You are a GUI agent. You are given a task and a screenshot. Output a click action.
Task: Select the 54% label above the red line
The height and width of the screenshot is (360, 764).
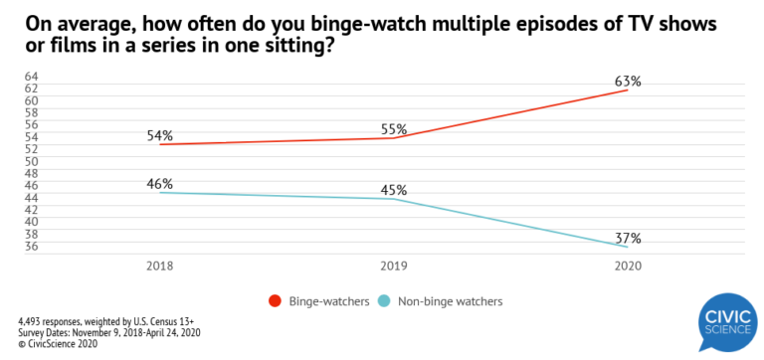tap(159, 134)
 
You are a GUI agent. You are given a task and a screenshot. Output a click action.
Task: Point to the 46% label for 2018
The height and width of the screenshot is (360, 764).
tap(159, 184)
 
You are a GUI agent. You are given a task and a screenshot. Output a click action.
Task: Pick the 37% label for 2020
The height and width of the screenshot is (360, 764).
tap(628, 239)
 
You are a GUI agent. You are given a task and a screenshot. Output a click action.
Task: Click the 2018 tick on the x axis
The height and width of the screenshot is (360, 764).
tap(159, 267)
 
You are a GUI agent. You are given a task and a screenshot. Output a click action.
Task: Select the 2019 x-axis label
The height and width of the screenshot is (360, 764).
tap(394, 267)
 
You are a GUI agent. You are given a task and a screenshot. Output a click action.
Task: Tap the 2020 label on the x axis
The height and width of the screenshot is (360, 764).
tap(628, 267)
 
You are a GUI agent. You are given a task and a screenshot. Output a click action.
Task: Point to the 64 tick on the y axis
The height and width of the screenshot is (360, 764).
tap(31, 77)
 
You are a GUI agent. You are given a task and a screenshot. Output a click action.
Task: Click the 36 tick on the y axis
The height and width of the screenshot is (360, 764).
tap(31, 246)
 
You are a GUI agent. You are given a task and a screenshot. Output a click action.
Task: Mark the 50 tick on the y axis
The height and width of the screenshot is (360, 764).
tap(31, 161)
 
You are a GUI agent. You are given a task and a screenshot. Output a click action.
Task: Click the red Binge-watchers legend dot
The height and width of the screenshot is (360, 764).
tap(275, 300)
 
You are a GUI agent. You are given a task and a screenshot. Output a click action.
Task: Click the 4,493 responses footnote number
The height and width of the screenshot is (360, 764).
tap(33, 321)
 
